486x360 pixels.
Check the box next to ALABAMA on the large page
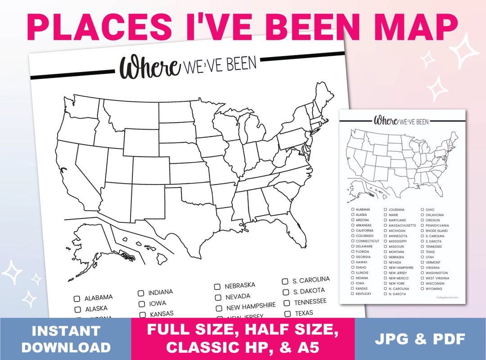[x=77, y=298]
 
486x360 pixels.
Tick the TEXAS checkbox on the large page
[x=288, y=314]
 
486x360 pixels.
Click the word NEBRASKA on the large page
[x=240, y=285]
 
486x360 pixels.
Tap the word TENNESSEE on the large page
[x=310, y=301]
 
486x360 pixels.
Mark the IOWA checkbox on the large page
[x=142, y=304]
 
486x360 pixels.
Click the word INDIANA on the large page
[x=160, y=292]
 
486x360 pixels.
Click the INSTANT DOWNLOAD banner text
[x=66, y=339]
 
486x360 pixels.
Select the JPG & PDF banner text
[x=420, y=339]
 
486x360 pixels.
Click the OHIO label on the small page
[x=430, y=210]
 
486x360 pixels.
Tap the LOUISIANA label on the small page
[x=396, y=210]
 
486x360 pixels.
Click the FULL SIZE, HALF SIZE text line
[x=243, y=331]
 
